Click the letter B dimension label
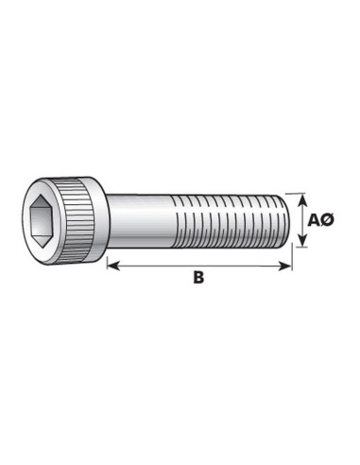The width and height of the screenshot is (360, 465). coord(197,278)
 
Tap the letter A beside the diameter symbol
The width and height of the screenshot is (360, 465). coord(316,220)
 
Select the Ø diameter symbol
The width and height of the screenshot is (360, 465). coord(329,220)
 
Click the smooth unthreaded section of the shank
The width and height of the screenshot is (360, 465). coord(142,221)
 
